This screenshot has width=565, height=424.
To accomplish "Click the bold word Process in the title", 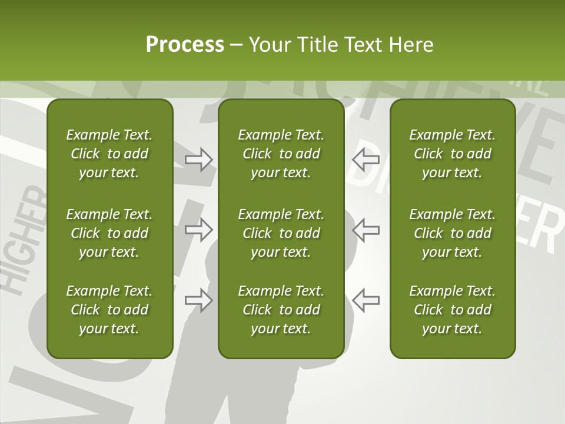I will pos(185,45).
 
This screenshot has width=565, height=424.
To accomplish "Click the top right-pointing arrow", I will pos(198,159).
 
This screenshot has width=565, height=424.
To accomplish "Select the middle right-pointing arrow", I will pos(198,230).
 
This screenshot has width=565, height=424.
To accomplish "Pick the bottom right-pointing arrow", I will pos(198,300).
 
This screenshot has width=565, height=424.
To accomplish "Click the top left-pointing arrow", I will pos(366,159).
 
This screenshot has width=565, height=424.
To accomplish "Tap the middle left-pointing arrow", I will pos(366,230).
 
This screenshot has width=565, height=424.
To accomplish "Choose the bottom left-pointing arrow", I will pos(366,300).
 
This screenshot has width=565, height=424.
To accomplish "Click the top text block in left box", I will pos(109,154).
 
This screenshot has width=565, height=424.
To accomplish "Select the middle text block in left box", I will pos(109,233).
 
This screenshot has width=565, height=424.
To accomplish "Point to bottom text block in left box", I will pos(109,310).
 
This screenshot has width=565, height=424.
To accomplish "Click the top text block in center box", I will pos(281,154).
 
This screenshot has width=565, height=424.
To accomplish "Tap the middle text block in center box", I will pos(281,233).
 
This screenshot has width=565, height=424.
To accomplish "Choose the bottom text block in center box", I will pos(281,310).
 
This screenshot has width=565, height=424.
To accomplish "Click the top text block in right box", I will pos(452,154).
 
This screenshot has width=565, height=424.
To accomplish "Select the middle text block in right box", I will pos(452,233).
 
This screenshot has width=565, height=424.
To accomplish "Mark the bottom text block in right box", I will pos(452,310).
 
